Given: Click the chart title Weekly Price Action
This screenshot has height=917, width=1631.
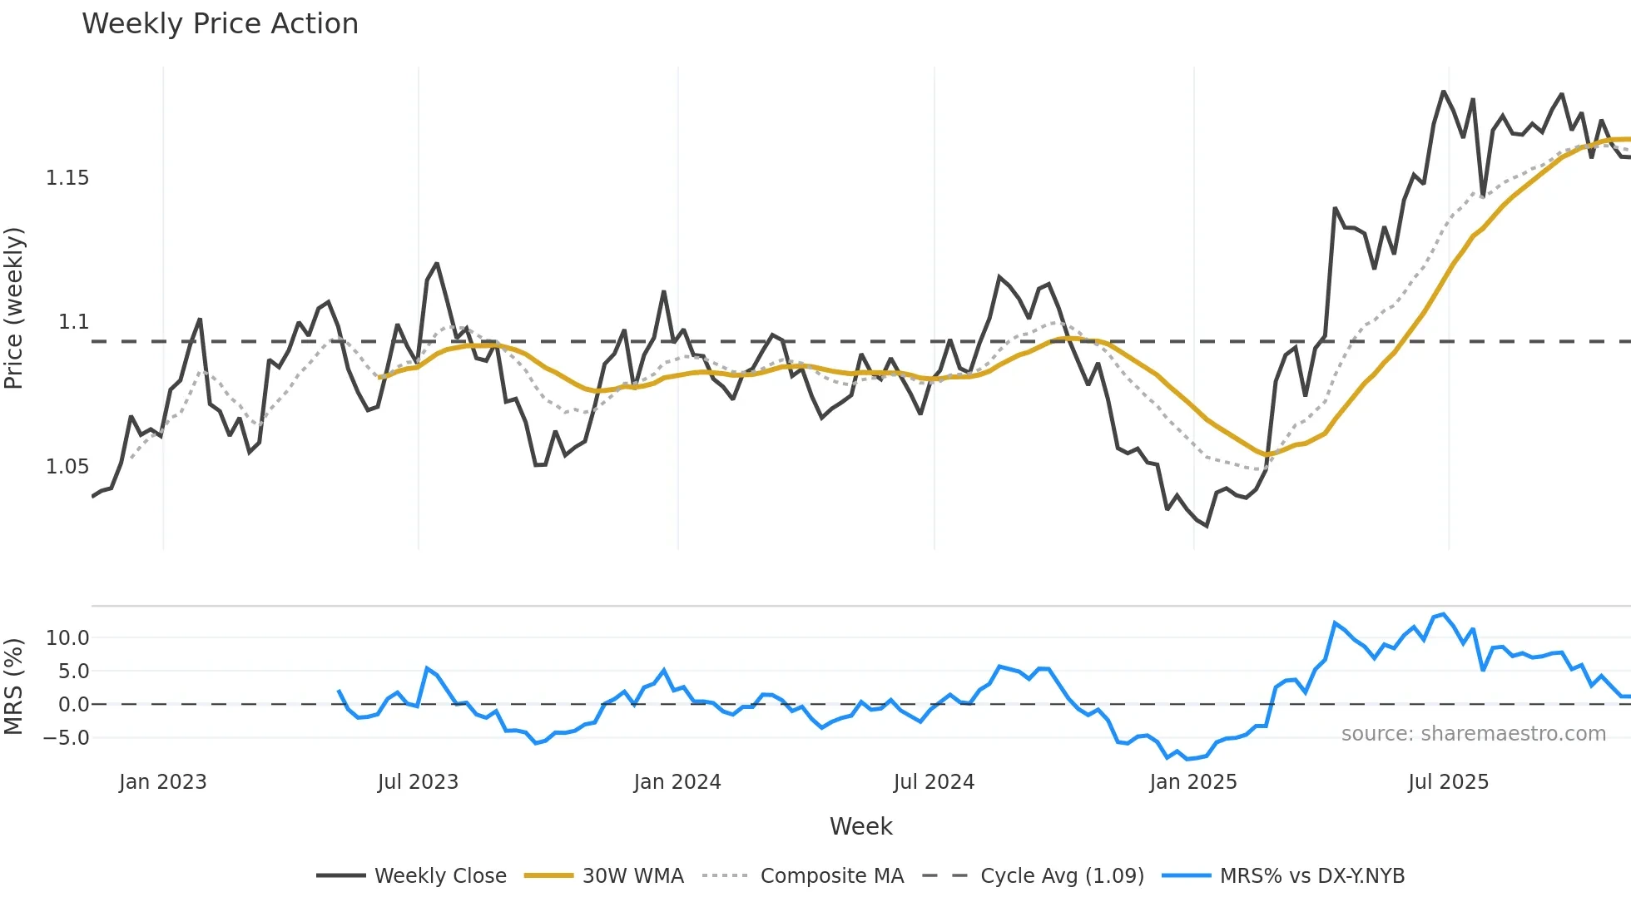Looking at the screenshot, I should pos(220,24).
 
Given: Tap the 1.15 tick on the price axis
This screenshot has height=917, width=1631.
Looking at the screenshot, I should pos(67,178).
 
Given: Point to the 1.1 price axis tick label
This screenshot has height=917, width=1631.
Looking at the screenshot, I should pos(73,322).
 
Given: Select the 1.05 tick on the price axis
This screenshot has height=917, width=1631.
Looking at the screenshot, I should pos(67,467).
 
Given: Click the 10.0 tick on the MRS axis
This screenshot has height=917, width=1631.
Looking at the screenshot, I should pos(67,638).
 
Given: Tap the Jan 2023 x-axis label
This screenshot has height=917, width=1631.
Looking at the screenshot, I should pos(162,782).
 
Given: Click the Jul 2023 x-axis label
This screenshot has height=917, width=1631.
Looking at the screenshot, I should pos(418,782).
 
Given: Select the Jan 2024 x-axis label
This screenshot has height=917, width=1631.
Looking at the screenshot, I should pos(677,782).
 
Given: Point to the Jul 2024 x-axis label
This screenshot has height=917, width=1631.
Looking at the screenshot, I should pos(934,782).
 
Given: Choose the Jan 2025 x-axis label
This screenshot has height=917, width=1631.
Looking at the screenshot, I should pos(1192,782).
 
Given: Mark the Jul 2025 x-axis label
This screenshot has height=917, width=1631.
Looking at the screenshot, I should pos(1448,782).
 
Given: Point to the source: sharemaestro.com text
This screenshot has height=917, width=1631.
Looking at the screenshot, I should pos(1473,734).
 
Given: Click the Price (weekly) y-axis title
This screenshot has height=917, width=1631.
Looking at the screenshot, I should pos(14,308).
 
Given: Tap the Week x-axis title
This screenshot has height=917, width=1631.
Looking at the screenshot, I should pos(860,827).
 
